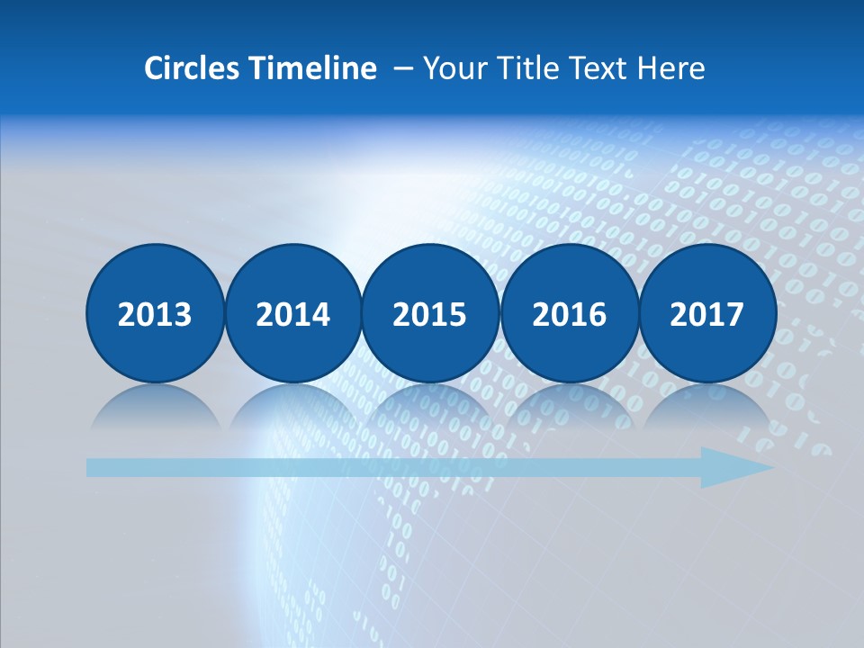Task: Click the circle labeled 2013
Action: pyautogui.click(x=155, y=313)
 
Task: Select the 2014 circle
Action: pyautogui.click(x=292, y=313)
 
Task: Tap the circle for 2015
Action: pyautogui.click(x=430, y=313)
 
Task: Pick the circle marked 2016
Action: pyautogui.click(x=569, y=313)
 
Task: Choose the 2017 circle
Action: pyautogui.click(x=706, y=313)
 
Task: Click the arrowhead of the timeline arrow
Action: pyautogui.click(x=733, y=467)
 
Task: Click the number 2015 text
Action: pyautogui.click(x=430, y=315)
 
